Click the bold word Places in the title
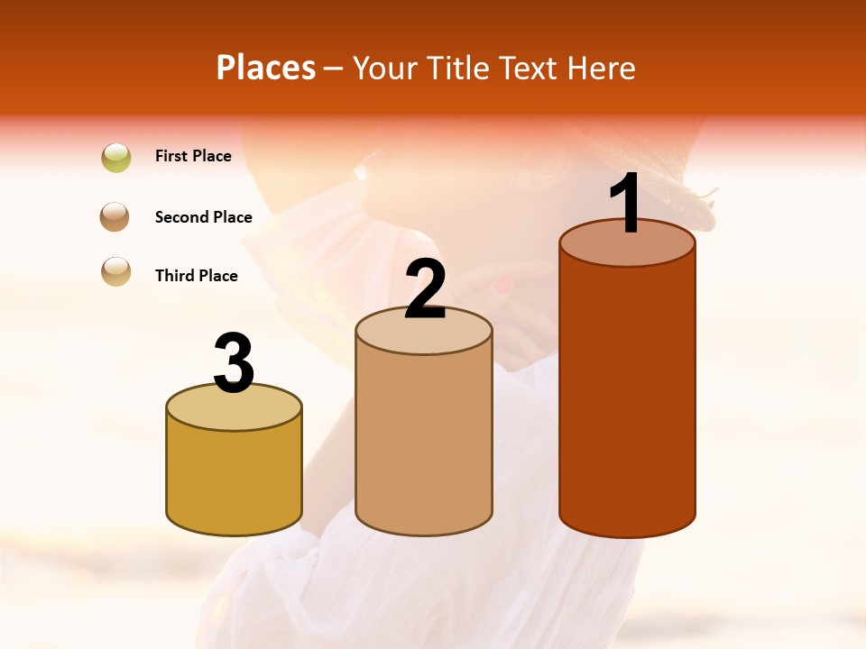266,68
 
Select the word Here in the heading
603,68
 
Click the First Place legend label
193,156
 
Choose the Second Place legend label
203,217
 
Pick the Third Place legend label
196,276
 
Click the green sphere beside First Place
116,158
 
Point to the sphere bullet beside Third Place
116,271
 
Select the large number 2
426,289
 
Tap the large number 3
234,363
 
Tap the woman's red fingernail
502,286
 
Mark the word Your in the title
384,68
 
